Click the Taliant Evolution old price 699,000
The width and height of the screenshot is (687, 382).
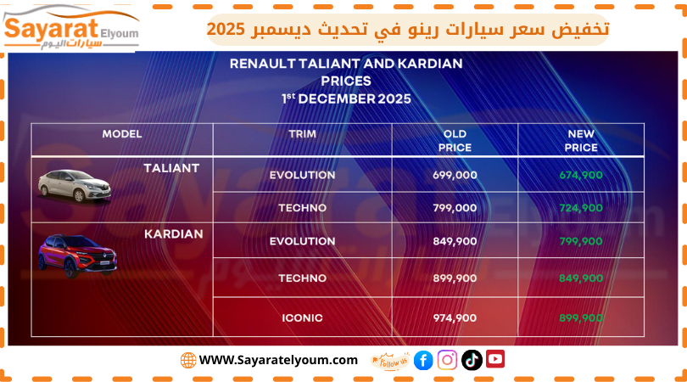coord(455,175)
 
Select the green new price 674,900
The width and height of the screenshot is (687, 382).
coord(581,175)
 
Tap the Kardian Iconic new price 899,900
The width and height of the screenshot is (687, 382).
coord(581,317)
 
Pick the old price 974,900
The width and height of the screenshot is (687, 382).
coord(455,317)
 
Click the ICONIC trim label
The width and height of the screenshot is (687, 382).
coord(302,317)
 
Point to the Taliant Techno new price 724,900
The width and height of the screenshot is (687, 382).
coord(581,207)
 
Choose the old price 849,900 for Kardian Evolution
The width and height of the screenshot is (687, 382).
coord(455,240)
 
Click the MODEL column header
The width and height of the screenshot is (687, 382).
coord(122,134)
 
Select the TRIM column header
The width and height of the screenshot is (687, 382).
coord(302,134)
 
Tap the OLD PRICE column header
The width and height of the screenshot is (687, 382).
coord(455,140)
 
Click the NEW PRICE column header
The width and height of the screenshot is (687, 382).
coord(581,140)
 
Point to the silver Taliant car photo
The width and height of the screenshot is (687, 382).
coord(74,183)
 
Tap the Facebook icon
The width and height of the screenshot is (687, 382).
coord(423,360)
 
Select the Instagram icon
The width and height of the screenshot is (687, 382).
coord(448,360)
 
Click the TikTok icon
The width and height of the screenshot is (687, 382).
coord(472,360)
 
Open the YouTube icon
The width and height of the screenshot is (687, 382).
coord(495,359)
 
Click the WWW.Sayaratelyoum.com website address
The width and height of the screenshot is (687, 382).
coord(278,360)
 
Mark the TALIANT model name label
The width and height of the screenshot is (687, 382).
coord(171,168)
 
